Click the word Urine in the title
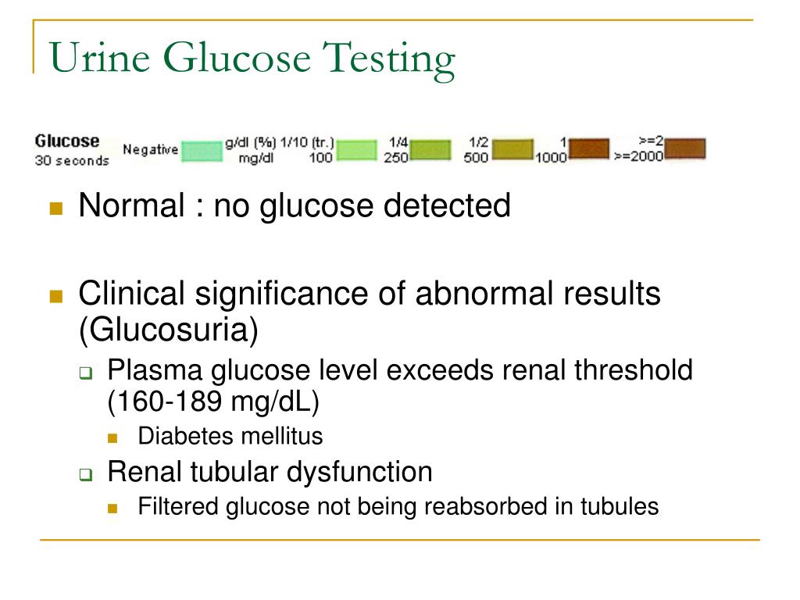[99, 57]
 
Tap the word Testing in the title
[388, 60]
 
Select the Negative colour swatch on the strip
[202, 151]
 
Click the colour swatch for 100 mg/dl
[356, 150]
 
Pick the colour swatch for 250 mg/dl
[430, 150]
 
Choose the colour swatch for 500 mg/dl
[512, 149]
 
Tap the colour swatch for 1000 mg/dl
[589, 148]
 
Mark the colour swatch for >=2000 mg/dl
[685, 148]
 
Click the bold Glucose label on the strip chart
[67, 141]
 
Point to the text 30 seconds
[72, 161]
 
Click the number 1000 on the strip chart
[551, 158]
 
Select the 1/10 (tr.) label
[306, 142]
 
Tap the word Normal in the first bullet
[131, 205]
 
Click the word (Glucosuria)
[169, 330]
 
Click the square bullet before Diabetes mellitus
[112, 437]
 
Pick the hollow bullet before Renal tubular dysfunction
[86, 474]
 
